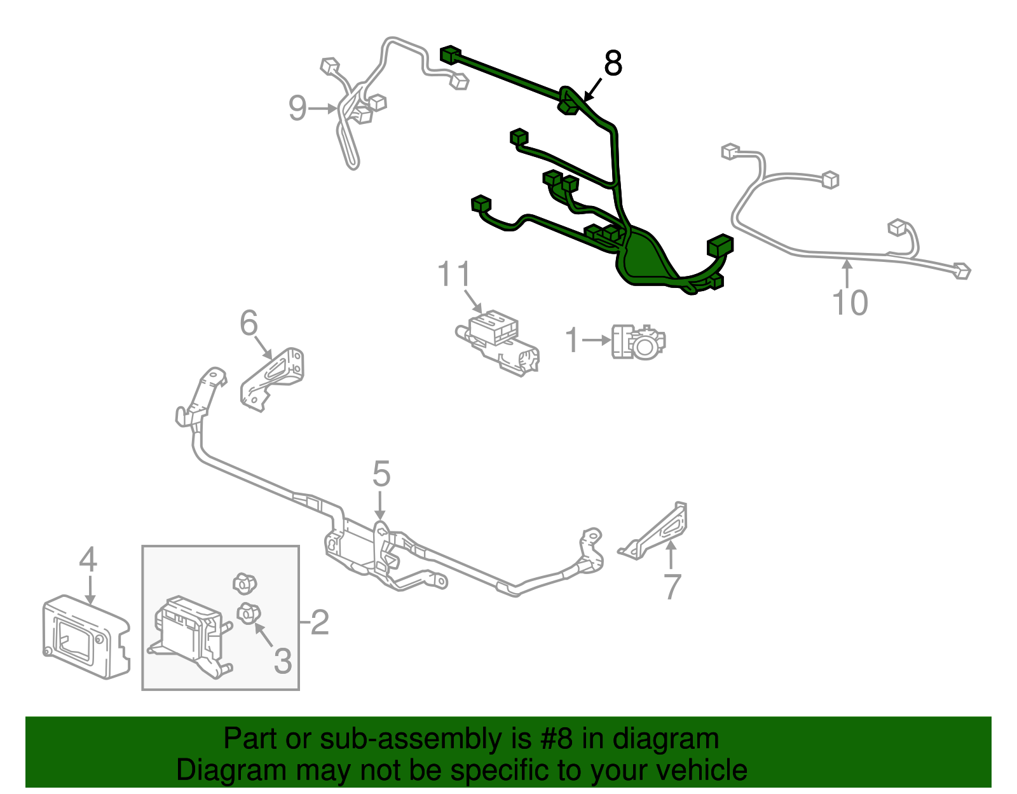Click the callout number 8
(x=613, y=63)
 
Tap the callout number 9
(x=297, y=108)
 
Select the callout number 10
(x=850, y=303)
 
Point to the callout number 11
(x=453, y=274)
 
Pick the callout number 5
(x=381, y=474)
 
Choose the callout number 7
(x=672, y=586)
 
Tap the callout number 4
(x=88, y=559)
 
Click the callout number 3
(x=283, y=661)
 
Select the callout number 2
(x=320, y=622)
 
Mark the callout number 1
(x=572, y=339)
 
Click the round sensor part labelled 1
(x=638, y=342)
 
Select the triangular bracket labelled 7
(x=655, y=531)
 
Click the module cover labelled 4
(x=86, y=637)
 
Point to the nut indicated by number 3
(x=249, y=613)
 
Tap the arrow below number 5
(x=381, y=505)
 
